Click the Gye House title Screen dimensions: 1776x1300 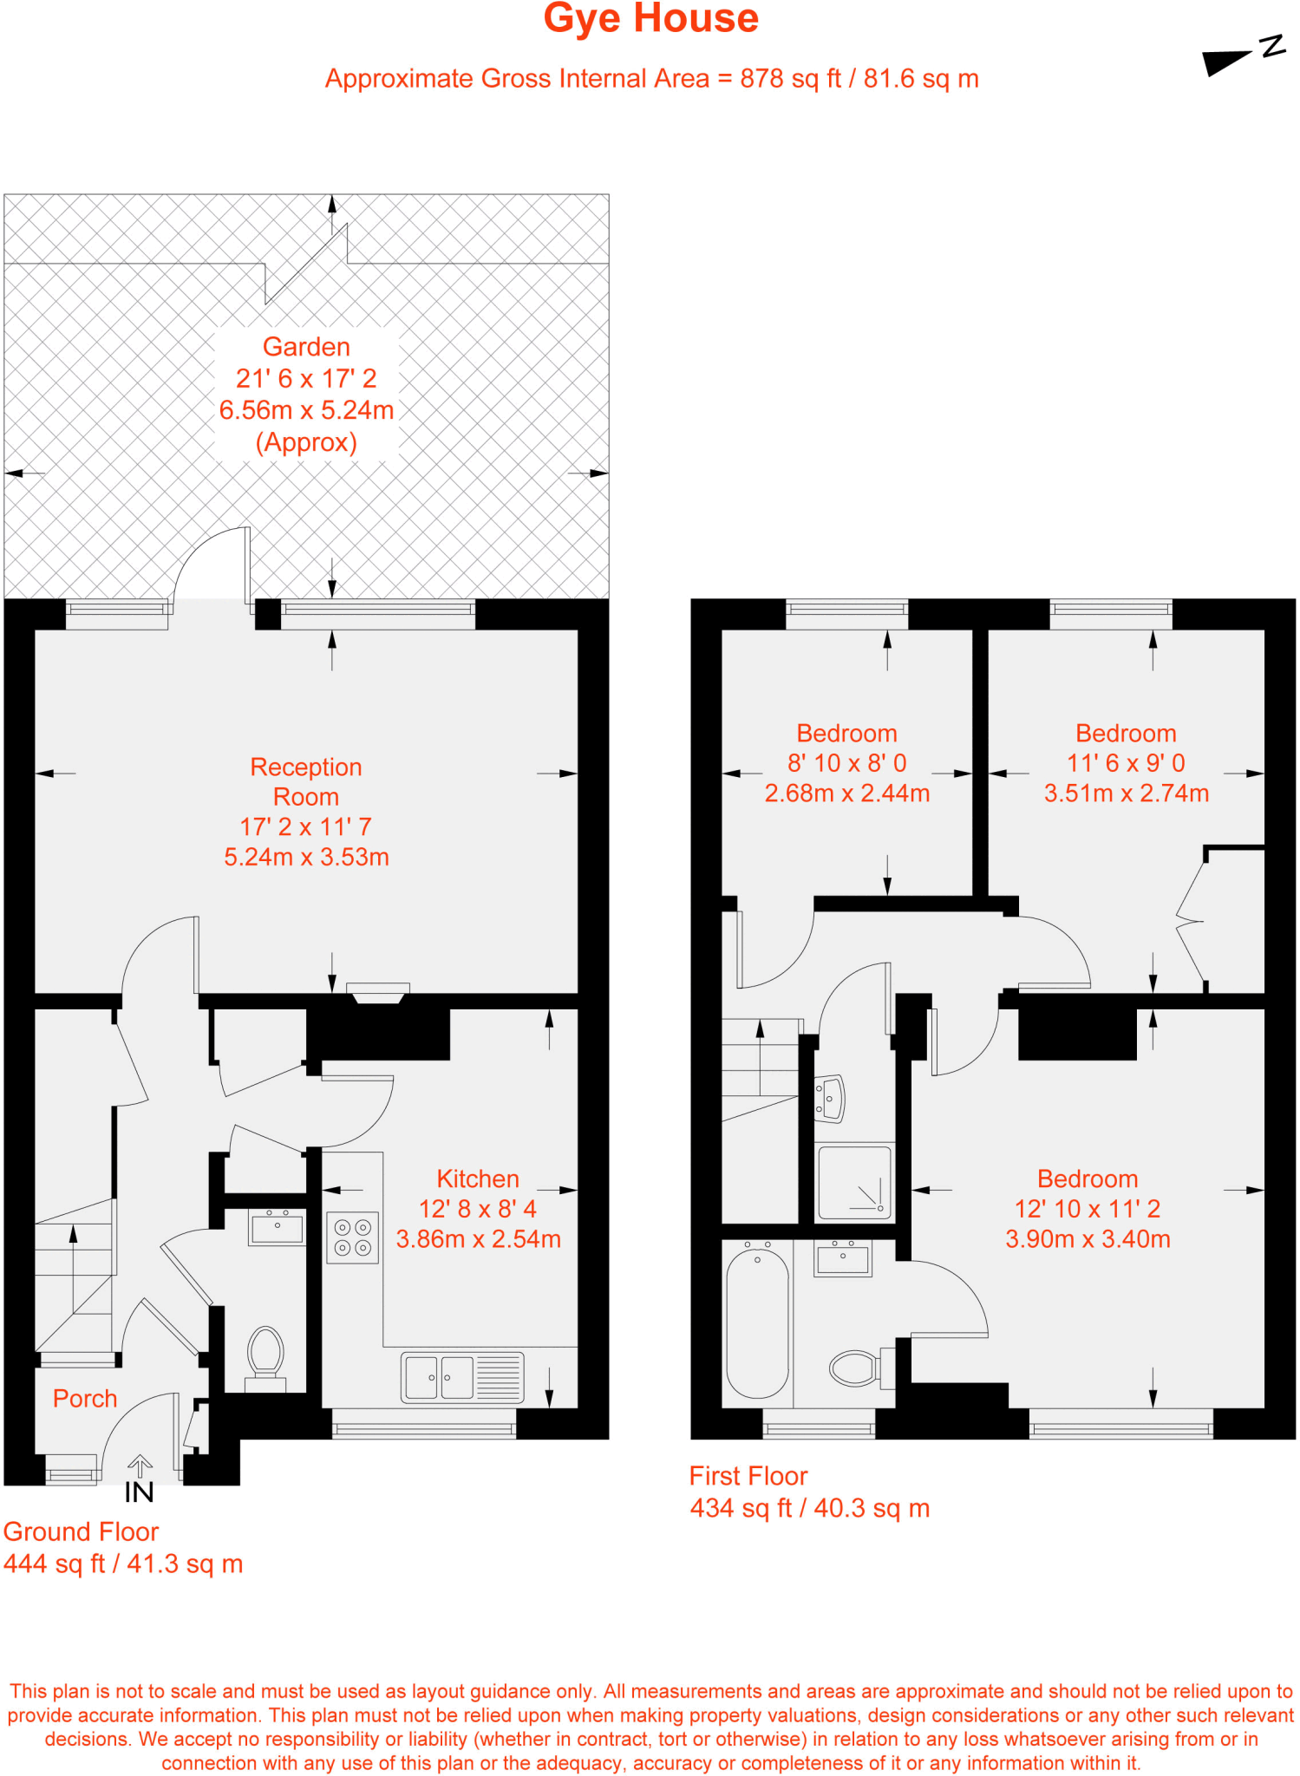pyautogui.click(x=650, y=19)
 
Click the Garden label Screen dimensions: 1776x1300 pyautogui.click(x=306, y=347)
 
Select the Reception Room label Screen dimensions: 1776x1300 pyautogui.click(x=305, y=781)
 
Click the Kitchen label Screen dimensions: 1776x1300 pyautogui.click(x=478, y=1179)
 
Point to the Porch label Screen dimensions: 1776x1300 pyautogui.click(x=85, y=1398)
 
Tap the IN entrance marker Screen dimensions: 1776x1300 pyautogui.click(x=139, y=1492)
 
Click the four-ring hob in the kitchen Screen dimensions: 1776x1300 pyautogui.click(x=352, y=1237)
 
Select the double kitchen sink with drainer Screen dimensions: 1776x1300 pyautogui.click(x=462, y=1377)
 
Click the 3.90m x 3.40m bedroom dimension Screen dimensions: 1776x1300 pyautogui.click(x=1088, y=1238)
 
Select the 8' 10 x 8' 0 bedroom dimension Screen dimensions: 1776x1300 pyautogui.click(x=846, y=763)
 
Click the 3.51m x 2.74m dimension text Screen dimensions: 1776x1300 pyautogui.click(x=1126, y=793)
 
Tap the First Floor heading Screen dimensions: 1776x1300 pyautogui.click(x=748, y=1476)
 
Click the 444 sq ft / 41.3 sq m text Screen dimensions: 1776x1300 pyautogui.click(x=123, y=1564)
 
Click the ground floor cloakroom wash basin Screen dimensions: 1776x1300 pyautogui.click(x=277, y=1228)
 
